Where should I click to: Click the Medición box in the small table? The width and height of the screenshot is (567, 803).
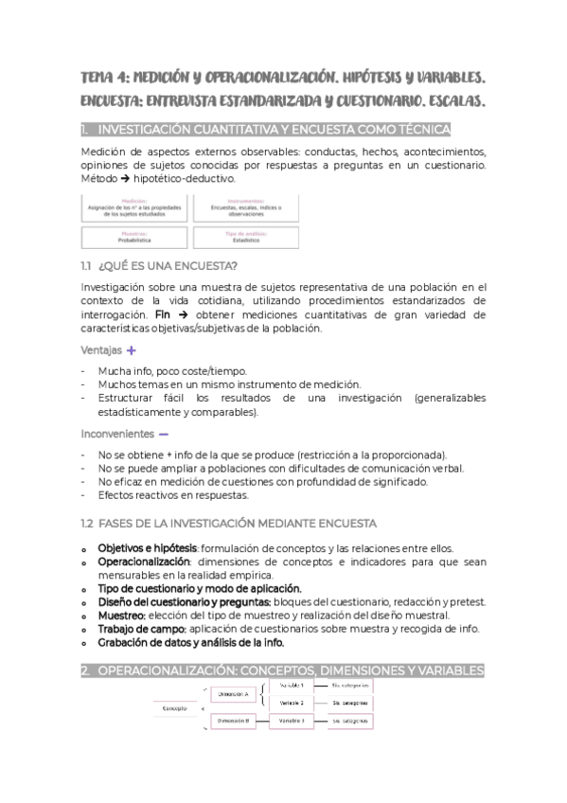134,206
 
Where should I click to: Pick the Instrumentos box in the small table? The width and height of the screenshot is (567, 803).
245,206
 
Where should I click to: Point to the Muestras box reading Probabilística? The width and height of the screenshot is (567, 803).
134,237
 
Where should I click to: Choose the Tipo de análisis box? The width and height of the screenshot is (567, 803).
245,237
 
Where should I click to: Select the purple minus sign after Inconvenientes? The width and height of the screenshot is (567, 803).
164,434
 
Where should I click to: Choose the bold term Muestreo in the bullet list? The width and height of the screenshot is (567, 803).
121,615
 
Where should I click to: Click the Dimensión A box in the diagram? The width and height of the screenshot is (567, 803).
233,694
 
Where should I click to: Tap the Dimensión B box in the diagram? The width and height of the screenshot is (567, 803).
233,721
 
